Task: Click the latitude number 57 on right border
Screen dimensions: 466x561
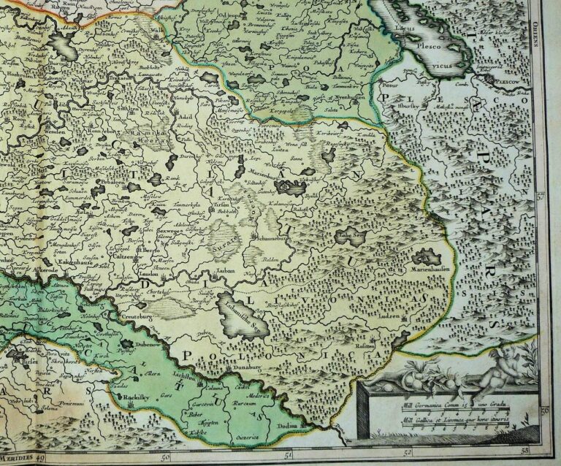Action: click(x=541, y=196)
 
